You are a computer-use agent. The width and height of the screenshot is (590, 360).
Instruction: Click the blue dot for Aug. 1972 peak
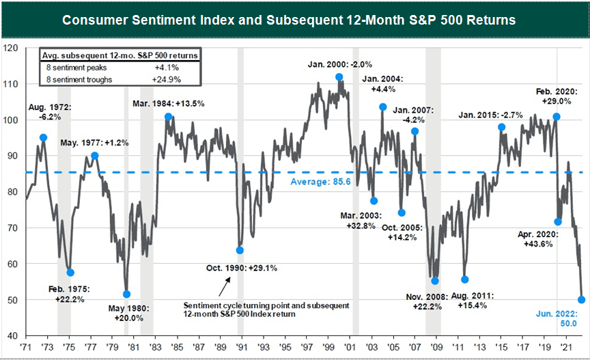pos(44,137)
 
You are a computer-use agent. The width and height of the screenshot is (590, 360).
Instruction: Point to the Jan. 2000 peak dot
pos(339,77)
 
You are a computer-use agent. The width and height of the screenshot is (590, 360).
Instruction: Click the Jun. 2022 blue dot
pos(582,299)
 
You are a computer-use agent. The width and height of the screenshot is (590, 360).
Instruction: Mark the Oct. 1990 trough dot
pos(240,250)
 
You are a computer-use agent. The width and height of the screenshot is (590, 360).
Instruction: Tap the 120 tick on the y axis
pos(12,48)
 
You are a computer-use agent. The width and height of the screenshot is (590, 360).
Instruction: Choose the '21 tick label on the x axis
pos(565,347)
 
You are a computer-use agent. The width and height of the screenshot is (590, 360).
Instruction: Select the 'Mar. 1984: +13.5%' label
pos(169,103)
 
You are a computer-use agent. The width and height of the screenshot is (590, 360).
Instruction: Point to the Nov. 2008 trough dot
pos(435,281)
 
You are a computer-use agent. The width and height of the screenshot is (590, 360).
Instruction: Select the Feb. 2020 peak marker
pos(557,117)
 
